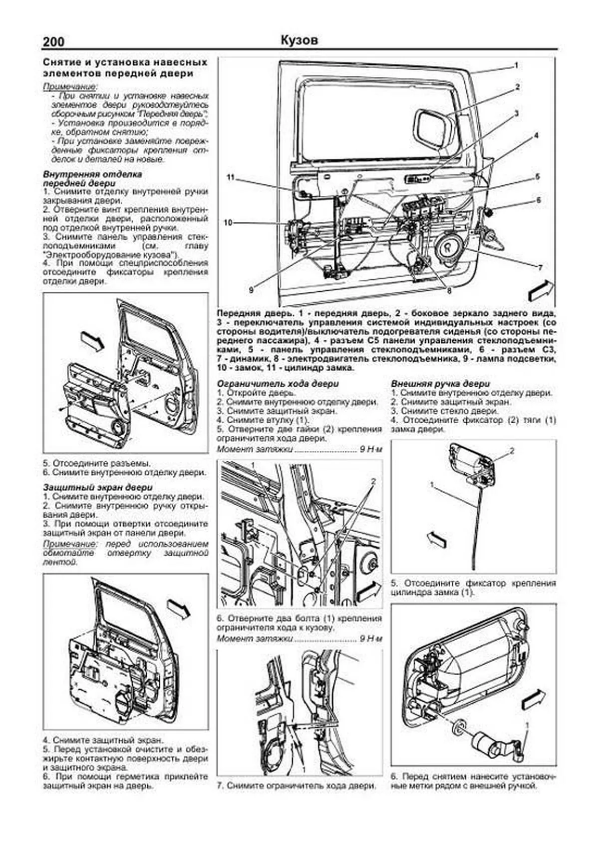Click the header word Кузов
pos(299,40)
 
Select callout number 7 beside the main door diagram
pos(539,267)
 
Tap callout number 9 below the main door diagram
pos(252,289)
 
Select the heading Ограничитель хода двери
pos(278,384)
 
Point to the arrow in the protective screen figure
pos(178,609)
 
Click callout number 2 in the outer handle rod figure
pos(511,451)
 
